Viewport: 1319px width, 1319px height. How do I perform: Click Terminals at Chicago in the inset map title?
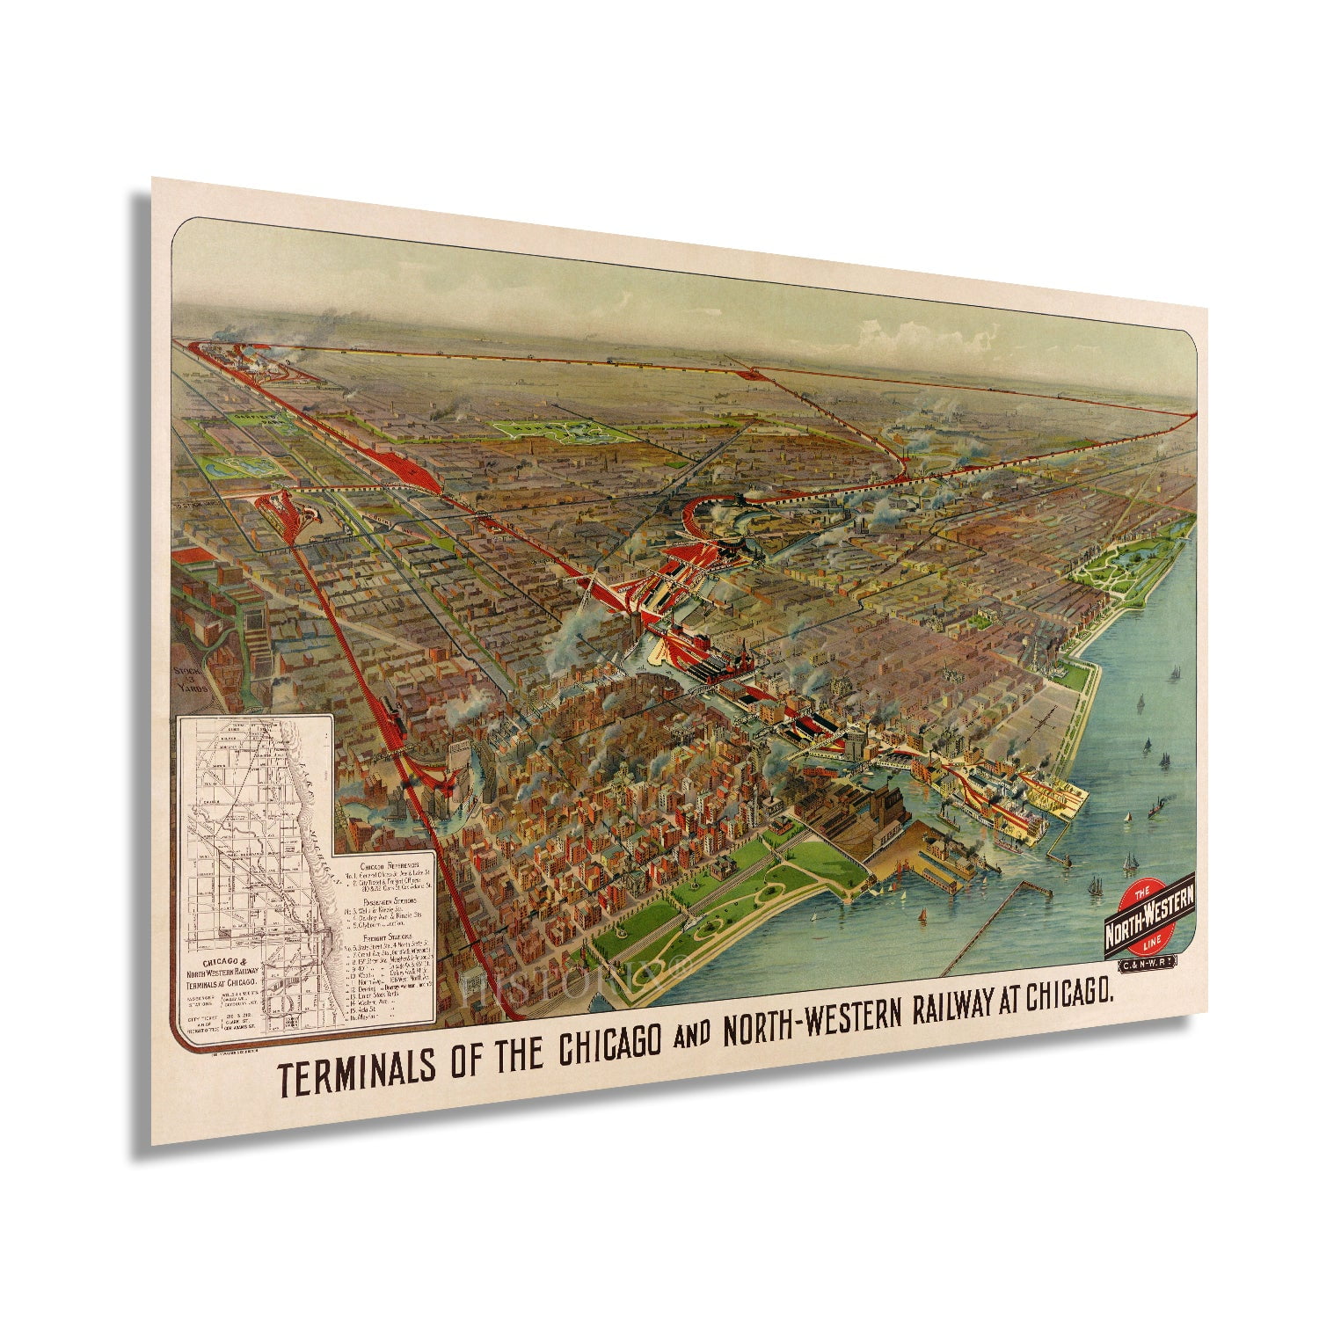(x=222, y=981)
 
